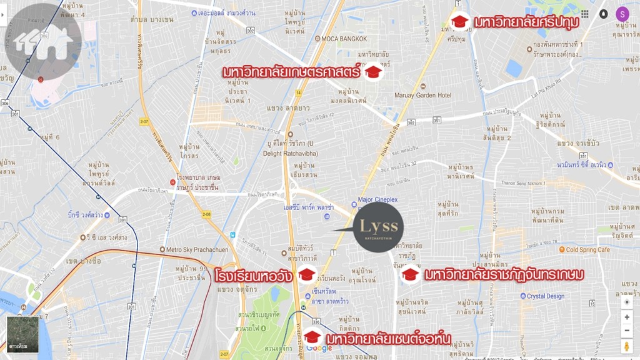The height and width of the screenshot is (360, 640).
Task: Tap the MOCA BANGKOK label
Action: (x=342, y=39)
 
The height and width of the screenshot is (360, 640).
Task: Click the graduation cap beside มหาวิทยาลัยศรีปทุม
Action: (x=460, y=22)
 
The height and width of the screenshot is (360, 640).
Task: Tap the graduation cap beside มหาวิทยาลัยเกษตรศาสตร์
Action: (x=373, y=72)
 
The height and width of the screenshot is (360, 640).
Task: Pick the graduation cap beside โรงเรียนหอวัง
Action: (x=306, y=274)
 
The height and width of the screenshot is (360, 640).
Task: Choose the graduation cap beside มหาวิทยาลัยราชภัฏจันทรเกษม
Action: (x=410, y=274)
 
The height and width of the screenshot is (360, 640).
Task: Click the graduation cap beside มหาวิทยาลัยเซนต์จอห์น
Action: (x=312, y=337)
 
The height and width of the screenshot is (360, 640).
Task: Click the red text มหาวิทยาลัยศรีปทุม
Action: (x=526, y=22)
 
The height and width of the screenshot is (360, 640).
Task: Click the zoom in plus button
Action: (x=626, y=316)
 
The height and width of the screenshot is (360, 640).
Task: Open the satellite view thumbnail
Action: (x=22, y=334)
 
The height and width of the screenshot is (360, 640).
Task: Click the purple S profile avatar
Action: (x=622, y=14)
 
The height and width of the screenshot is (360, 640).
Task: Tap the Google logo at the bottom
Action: (x=319, y=348)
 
